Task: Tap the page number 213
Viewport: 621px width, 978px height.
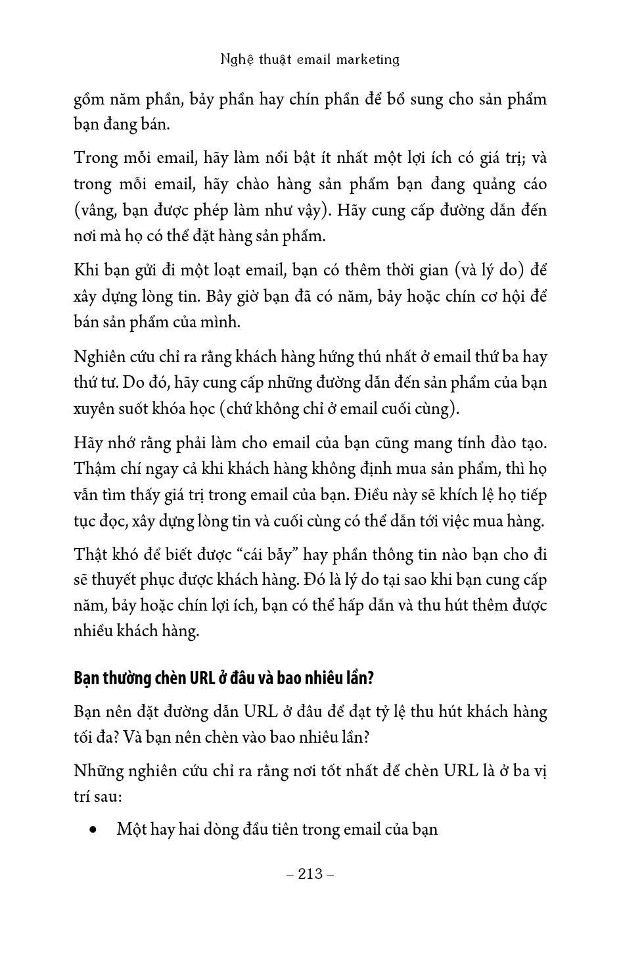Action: (x=310, y=873)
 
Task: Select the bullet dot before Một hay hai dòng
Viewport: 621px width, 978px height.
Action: (x=97, y=830)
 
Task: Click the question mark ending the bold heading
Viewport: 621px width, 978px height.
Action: (x=370, y=678)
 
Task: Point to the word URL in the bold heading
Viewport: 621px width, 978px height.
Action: (x=204, y=678)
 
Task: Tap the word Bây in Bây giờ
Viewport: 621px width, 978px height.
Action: (x=221, y=296)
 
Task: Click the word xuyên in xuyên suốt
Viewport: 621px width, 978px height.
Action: (x=93, y=409)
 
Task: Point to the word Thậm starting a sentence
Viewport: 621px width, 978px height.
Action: (x=94, y=469)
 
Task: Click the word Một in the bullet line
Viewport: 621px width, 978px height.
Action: (x=131, y=829)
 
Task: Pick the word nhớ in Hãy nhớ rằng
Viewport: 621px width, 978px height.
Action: (x=125, y=443)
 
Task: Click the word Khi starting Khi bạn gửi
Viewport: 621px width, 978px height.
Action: (x=85, y=270)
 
